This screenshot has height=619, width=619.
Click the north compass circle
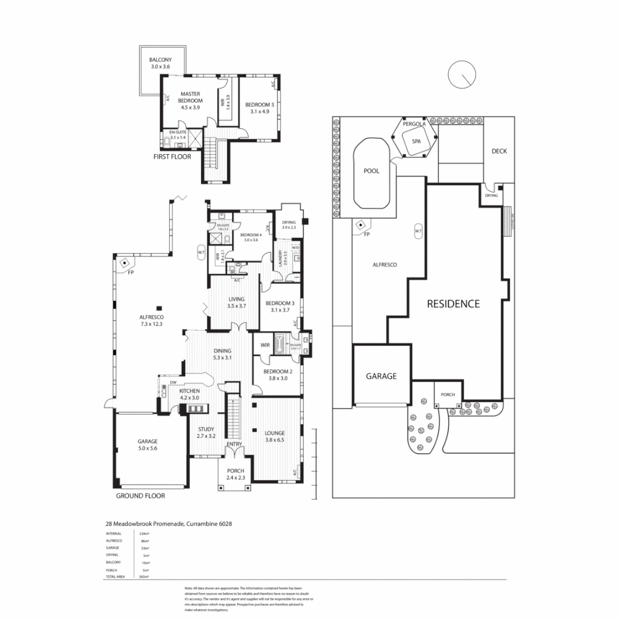462,75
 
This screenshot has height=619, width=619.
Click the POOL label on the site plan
372,170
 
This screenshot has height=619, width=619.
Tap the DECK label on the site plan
499,151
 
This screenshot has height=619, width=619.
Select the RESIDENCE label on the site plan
453,304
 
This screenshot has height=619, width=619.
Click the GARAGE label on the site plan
381,376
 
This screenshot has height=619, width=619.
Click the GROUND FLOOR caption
140,496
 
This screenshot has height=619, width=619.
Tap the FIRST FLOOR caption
172,156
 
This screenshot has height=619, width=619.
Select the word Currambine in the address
196,523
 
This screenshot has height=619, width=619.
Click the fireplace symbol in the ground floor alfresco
124,263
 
